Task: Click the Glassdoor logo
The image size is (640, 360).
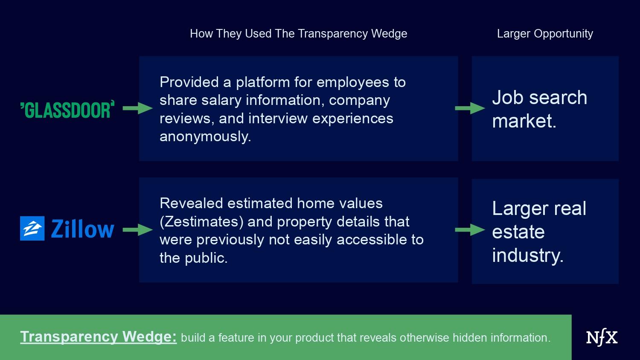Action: [x=67, y=109]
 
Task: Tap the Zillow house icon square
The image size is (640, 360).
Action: [x=32, y=228]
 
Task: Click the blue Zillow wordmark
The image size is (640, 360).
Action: [x=83, y=229]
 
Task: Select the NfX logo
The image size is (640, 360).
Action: [x=602, y=337]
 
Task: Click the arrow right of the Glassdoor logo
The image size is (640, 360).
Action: [x=138, y=108]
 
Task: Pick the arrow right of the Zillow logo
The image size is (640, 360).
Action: [x=138, y=230]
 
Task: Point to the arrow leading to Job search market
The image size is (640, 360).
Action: [x=470, y=108]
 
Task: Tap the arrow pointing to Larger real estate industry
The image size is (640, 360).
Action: [x=470, y=230]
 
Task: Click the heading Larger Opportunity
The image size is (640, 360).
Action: [x=545, y=34]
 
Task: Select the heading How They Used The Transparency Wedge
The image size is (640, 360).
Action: [x=299, y=34]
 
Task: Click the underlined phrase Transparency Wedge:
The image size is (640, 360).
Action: [x=99, y=337]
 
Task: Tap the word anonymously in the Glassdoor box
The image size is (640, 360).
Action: [x=205, y=136]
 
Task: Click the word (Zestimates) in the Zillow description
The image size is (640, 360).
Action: [x=201, y=222]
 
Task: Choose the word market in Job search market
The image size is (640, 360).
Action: [x=524, y=121]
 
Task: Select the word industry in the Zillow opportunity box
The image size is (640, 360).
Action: [x=528, y=255]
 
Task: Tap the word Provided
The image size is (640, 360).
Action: [x=189, y=82]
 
